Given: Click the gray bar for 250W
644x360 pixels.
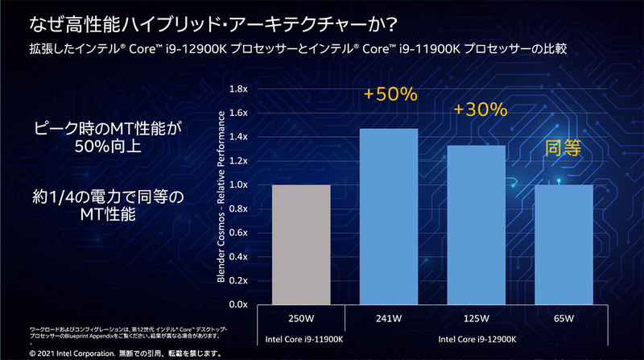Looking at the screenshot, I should pyautogui.click(x=302, y=245).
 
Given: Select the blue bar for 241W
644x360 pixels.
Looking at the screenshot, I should pyautogui.click(x=390, y=217).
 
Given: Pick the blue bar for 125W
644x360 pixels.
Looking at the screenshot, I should pyautogui.click(x=477, y=225).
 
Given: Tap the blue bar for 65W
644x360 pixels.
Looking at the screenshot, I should pyautogui.click(x=564, y=245).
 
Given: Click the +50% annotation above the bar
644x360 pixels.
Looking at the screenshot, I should pyautogui.click(x=390, y=94).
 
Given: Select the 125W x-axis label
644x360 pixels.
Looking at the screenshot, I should pyautogui.click(x=477, y=317).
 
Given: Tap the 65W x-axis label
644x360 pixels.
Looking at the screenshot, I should pyautogui.click(x=564, y=317).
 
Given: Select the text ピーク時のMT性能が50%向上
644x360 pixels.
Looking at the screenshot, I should pyautogui.click(x=108, y=138).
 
